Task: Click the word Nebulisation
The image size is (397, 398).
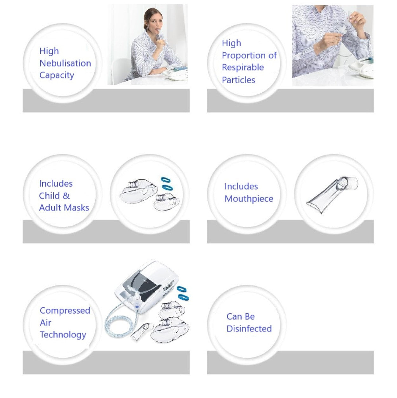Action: (65, 63)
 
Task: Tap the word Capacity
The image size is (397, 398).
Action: (57, 76)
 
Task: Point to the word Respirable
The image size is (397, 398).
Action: (243, 68)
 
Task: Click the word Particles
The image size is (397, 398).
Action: (238, 80)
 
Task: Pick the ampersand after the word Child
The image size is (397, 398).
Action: (66, 196)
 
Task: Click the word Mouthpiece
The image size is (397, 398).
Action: (249, 199)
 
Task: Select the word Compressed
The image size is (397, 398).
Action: (65, 310)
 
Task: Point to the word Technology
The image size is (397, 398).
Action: (63, 335)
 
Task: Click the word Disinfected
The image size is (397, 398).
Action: (249, 329)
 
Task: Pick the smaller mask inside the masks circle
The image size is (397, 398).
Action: (167, 202)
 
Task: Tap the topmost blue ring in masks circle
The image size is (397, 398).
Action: (166, 180)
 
